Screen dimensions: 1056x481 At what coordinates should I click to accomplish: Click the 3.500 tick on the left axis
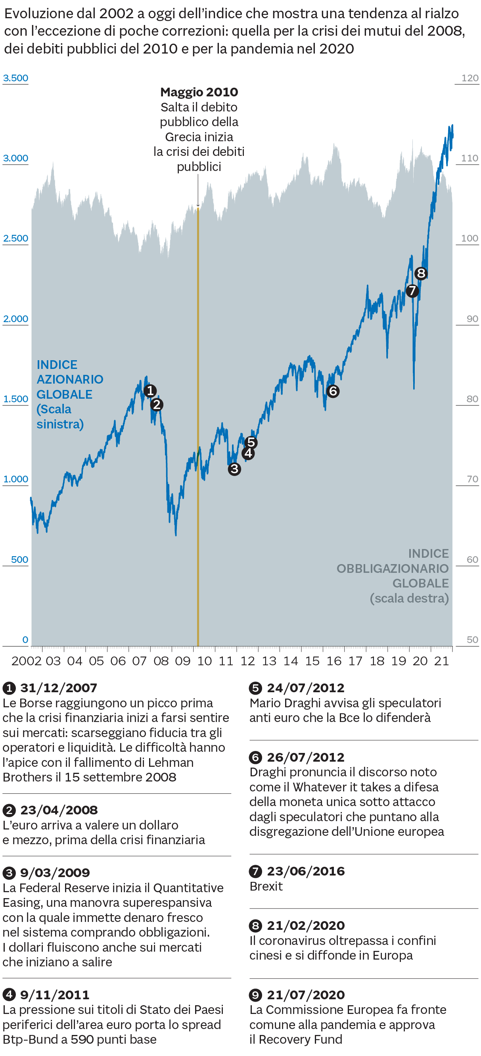(x=15, y=78)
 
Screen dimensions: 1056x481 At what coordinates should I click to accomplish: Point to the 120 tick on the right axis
(x=470, y=78)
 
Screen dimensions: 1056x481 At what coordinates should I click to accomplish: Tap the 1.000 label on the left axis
(x=15, y=479)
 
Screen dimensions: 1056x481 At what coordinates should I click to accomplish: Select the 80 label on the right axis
(x=472, y=399)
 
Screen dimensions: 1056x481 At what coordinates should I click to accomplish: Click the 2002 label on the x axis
(x=26, y=661)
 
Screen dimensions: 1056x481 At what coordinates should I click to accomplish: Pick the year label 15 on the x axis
(x=312, y=661)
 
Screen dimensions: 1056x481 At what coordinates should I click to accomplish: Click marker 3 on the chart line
(x=234, y=468)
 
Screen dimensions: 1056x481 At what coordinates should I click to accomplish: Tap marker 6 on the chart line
(x=333, y=391)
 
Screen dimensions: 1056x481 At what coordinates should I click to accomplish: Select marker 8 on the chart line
(x=421, y=273)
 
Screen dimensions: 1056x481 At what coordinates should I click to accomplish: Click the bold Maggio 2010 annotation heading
(x=199, y=92)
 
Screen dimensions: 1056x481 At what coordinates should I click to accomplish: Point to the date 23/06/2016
(x=306, y=871)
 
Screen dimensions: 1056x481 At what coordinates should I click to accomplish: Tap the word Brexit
(x=266, y=886)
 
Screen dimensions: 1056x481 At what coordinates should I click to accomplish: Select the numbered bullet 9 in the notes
(x=255, y=995)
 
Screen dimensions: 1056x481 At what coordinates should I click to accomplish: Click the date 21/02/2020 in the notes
(x=306, y=925)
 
